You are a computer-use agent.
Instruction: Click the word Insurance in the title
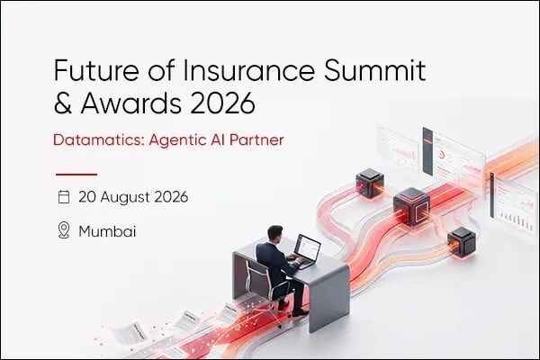click(x=248, y=70)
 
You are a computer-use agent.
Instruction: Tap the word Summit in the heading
click(x=375, y=70)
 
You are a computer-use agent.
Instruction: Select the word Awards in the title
click(x=130, y=103)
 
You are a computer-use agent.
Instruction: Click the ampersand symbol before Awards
click(x=63, y=103)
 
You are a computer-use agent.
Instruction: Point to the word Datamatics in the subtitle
click(x=98, y=139)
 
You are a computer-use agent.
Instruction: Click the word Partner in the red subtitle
click(x=256, y=139)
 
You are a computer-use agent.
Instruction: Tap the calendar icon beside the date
click(x=64, y=197)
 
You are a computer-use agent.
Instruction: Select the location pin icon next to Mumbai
click(x=64, y=230)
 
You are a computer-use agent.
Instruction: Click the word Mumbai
click(x=107, y=231)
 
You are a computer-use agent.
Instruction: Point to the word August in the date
click(x=125, y=197)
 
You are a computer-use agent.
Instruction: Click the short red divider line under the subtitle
click(x=76, y=175)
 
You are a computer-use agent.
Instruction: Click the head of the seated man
click(x=275, y=234)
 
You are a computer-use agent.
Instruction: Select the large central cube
click(x=411, y=206)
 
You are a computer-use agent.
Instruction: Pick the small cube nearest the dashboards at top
click(x=370, y=183)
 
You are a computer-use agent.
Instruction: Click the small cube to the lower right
click(x=462, y=242)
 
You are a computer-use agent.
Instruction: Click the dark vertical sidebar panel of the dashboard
click(x=427, y=151)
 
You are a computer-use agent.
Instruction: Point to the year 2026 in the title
click(x=223, y=103)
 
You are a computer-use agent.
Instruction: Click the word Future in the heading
click(x=96, y=70)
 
